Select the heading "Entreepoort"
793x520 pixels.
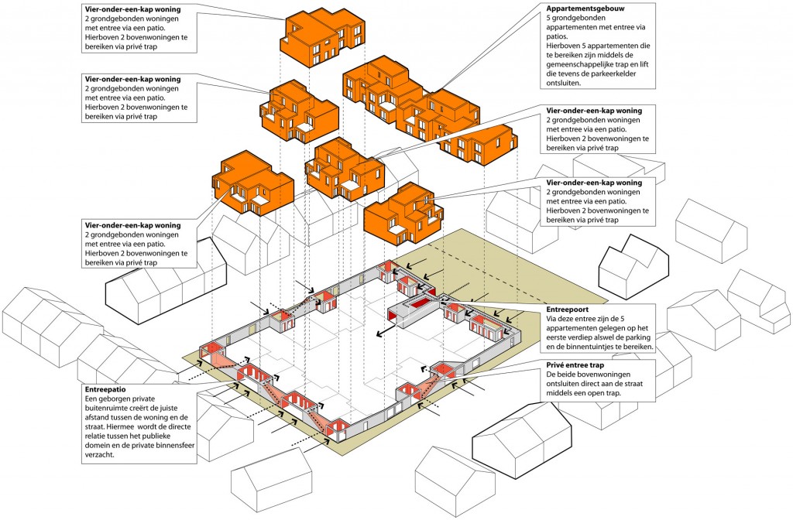(568, 309)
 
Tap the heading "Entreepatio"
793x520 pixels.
(104, 388)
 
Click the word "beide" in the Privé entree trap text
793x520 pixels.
(567, 375)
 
